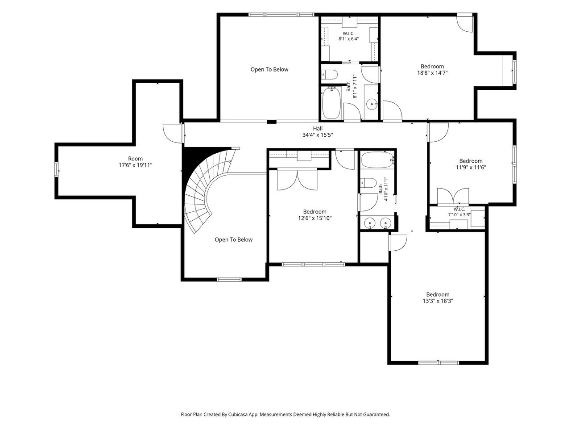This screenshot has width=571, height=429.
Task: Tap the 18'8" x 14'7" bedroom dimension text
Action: (432, 73)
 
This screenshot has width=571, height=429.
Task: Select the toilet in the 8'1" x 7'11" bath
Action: (329, 75)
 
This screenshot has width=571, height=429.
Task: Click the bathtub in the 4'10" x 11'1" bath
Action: (378, 160)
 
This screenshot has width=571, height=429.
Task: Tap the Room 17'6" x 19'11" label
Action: (135, 162)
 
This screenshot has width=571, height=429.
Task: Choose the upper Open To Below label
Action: (269, 70)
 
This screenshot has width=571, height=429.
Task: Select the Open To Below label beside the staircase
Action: (233, 240)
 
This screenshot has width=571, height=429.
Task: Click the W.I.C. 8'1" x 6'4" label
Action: (348, 36)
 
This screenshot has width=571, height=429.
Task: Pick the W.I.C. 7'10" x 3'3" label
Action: (459, 212)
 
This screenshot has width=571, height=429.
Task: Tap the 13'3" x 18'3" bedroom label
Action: (438, 298)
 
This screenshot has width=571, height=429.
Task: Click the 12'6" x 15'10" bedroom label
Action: (315, 215)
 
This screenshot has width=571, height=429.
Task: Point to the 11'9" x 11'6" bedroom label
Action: (471, 164)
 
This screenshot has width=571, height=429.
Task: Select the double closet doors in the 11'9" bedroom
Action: (453, 196)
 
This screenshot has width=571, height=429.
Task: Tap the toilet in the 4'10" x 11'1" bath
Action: (368, 183)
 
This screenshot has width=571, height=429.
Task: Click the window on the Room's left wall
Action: (56, 169)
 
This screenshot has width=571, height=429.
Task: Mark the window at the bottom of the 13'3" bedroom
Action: (439, 362)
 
